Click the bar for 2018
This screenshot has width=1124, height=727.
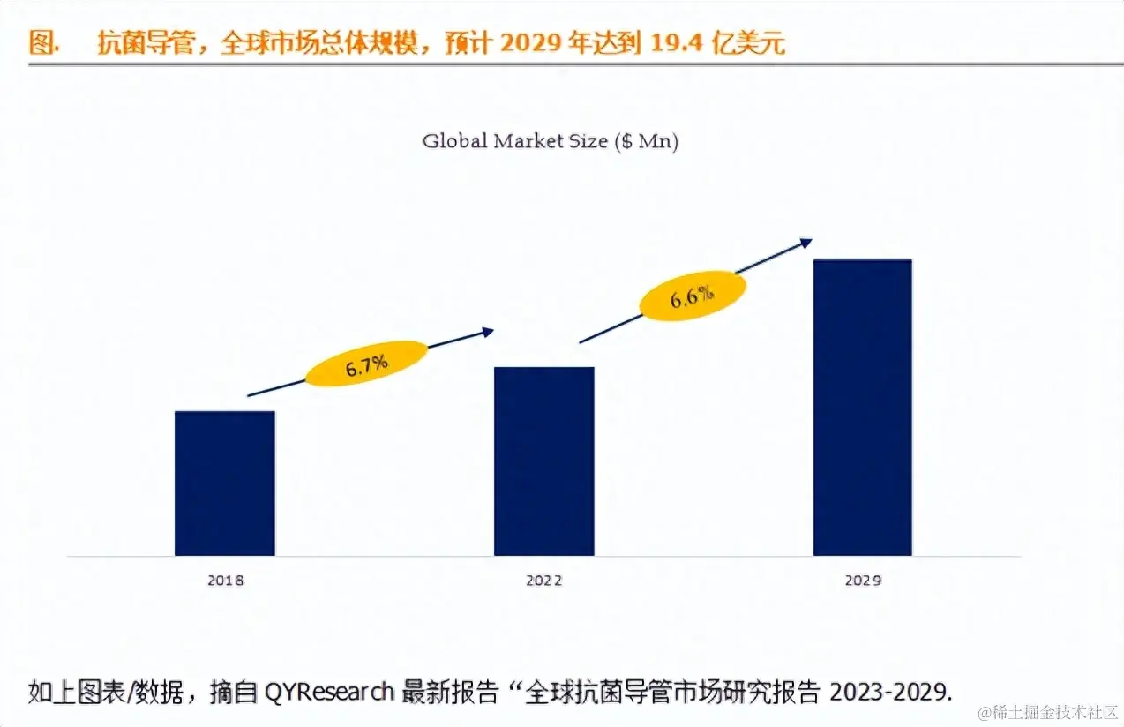[x=225, y=483]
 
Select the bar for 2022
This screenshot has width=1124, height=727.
[x=543, y=461]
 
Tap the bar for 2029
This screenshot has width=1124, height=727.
[x=862, y=408]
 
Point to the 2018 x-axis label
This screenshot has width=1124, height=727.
[x=225, y=581]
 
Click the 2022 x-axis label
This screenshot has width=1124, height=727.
[x=543, y=581]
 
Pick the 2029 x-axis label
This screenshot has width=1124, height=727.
[x=862, y=581]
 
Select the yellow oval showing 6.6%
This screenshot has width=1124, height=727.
[x=692, y=296]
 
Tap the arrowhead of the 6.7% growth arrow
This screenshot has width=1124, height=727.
[x=488, y=332]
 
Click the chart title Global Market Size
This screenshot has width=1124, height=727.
[x=514, y=141]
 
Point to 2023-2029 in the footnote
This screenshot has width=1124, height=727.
[x=889, y=691]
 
